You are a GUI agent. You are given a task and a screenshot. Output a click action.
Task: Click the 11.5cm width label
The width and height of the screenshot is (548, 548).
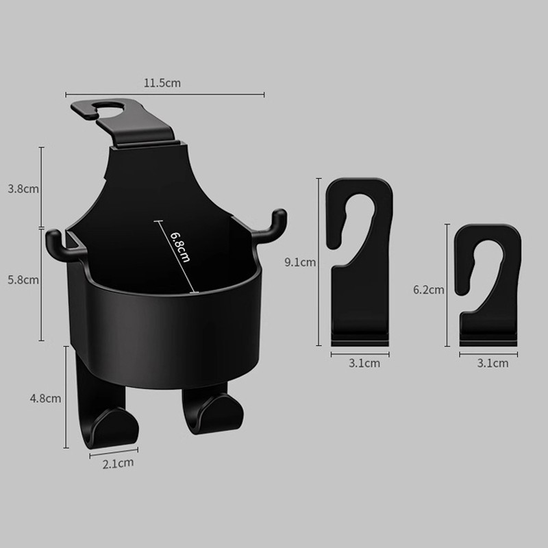(x=162, y=83)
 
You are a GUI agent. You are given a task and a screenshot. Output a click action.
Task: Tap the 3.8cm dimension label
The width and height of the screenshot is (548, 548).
(x=23, y=189)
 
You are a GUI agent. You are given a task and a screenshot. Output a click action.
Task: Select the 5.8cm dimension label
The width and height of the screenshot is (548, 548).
(x=23, y=280)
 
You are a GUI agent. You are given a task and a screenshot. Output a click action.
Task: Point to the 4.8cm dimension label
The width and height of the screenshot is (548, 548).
(x=45, y=399)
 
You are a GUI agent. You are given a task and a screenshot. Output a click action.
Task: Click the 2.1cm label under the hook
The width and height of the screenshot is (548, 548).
(x=118, y=463)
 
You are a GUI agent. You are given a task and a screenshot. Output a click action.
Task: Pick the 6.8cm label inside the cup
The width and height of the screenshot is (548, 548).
(x=180, y=247)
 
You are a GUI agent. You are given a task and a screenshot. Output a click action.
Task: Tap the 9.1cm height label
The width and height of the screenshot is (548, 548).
(x=300, y=262)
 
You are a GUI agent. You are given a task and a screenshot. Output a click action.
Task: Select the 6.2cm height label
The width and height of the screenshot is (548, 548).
(x=429, y=290)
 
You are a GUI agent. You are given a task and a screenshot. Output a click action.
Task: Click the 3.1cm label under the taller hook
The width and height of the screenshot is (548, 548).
(x=364, y=364)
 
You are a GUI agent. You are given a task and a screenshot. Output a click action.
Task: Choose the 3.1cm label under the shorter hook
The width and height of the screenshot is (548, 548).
(x=493, y=364)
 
